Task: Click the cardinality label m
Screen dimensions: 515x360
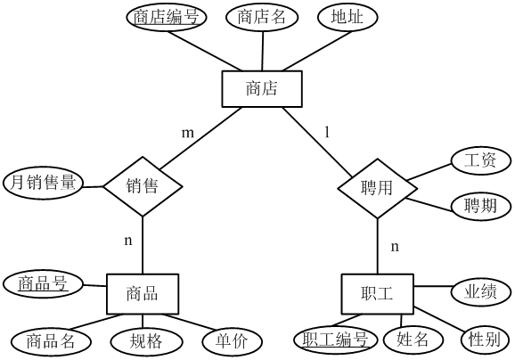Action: (188, 133)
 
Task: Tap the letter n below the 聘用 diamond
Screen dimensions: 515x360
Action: (395, 246)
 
